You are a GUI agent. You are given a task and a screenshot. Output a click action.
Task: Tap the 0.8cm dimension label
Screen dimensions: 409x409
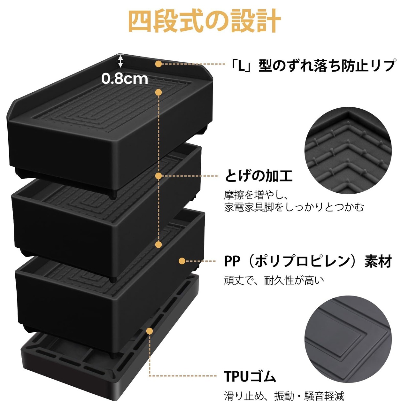125,79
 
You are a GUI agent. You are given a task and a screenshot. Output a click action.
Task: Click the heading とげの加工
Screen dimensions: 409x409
259,176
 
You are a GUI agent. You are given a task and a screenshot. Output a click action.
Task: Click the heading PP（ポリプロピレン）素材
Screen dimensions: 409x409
308,261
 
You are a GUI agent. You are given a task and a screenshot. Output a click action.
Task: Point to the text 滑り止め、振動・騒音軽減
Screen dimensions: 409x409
284,396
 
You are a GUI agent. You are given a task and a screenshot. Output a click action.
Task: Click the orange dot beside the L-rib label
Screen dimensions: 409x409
158,64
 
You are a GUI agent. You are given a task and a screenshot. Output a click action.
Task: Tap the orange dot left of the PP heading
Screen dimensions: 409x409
182,261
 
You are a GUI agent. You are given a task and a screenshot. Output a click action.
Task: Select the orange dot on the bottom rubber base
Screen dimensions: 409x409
150,331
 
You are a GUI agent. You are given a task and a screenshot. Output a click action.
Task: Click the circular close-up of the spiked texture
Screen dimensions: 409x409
348,150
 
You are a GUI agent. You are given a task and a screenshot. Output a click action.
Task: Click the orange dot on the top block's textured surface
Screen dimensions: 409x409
158,92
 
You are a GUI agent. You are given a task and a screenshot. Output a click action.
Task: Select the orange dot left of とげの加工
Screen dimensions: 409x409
158,176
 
